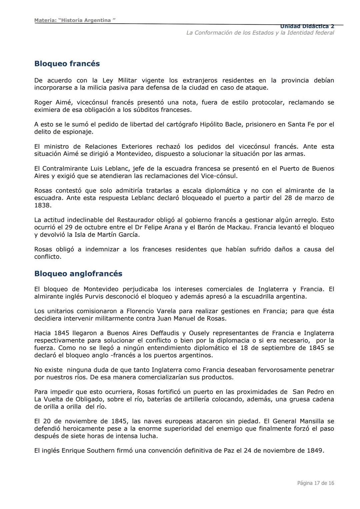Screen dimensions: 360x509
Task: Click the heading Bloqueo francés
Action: (67, 64)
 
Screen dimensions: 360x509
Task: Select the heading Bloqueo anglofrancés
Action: (78, 274)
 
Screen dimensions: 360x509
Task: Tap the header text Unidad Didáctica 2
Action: (307, 26)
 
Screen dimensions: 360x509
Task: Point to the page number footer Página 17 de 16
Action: (315, 483)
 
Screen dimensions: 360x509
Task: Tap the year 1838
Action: (43, 205)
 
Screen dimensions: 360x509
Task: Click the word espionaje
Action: (77, 132)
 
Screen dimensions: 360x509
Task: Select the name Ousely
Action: (199, 333)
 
